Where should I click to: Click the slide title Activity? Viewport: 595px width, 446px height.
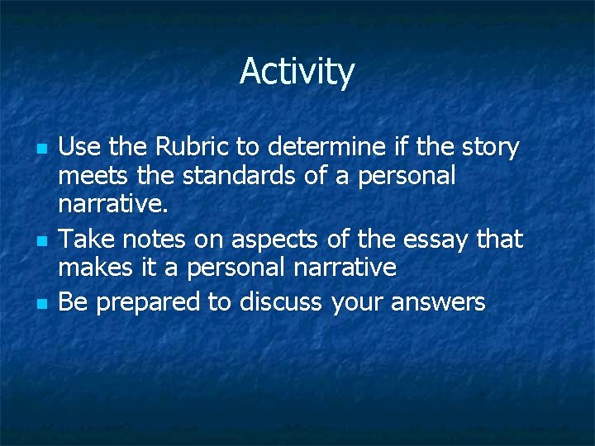tap(297, 73)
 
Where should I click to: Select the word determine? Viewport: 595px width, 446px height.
tap(329, 148)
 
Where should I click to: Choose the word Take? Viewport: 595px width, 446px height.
tap(83, 240)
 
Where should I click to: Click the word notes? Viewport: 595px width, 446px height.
tap(150, 240)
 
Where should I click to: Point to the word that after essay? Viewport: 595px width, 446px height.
tap(500, 240)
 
